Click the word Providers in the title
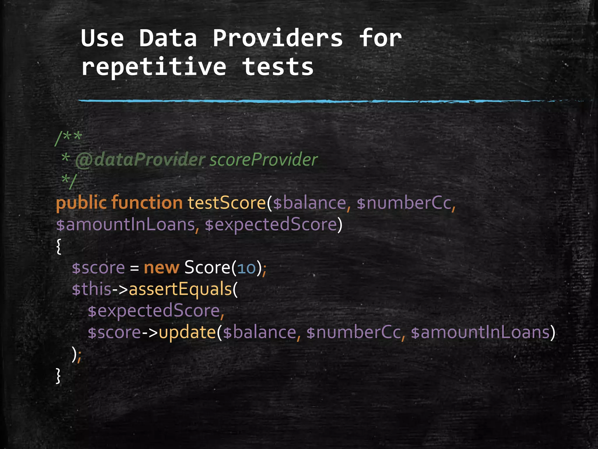tap(277, 38)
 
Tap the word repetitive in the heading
tap(154, 67)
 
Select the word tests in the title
tap(278, 67)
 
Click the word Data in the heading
tap(168, 38)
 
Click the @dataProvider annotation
tap(140, 160)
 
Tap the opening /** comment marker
tap(69, 137)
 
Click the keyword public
tap(81, 203)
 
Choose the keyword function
tap(147, 203)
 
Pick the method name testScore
tap(227, 203)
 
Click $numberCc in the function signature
tap(404, 203)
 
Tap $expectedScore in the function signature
tap(271, 224)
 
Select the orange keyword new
tap(161, 267)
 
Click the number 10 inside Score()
tap(246, 268)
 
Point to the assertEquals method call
tap(180, 289)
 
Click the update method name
tap(187, 332)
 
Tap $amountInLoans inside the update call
tap(480, 332)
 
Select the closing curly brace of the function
tap(58, 376)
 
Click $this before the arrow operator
tap(91, 289)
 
